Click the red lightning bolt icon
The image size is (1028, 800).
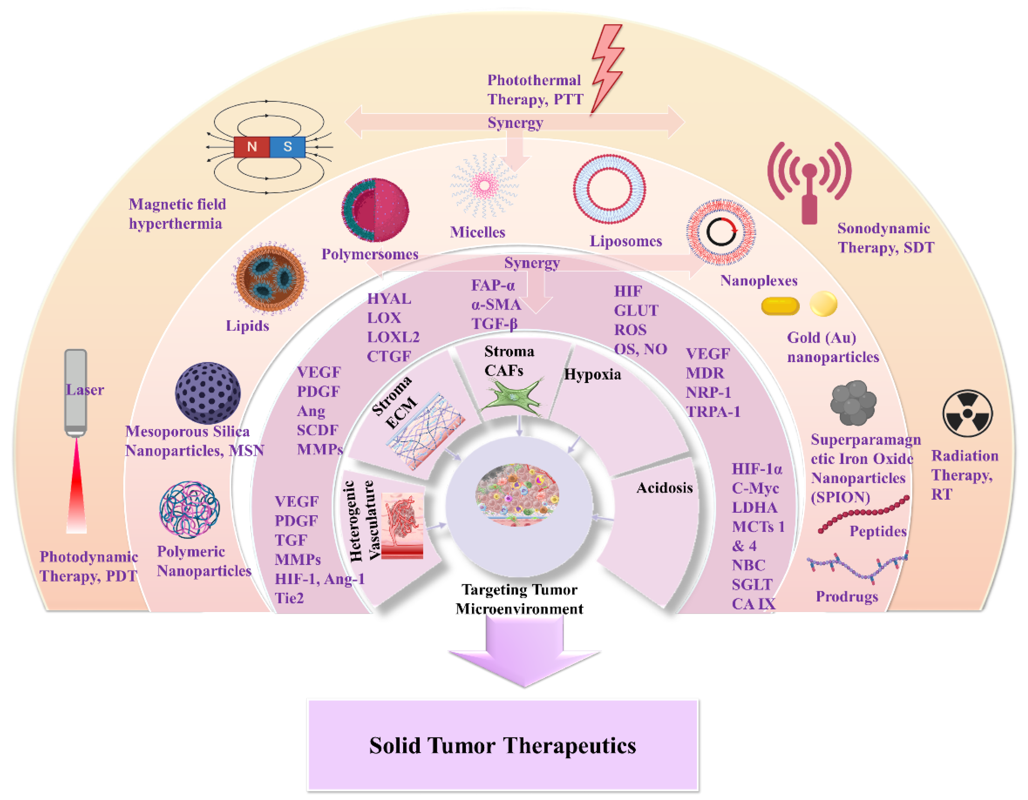[x=607, y=66]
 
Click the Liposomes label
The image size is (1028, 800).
[x=626, y=241]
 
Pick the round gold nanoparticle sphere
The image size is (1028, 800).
[x=823, y=304]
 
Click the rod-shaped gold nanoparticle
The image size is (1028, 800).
[x=780, y=306]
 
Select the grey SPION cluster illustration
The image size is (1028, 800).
[x=853, y=403]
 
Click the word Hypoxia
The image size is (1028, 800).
[x=592, y=374]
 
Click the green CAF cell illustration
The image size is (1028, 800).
[x=513, y=395]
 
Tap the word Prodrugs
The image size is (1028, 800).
[x=846, y=596]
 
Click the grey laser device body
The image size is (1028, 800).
[x=75, y=391]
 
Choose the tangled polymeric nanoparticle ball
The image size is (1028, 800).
[x=189, y=509]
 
